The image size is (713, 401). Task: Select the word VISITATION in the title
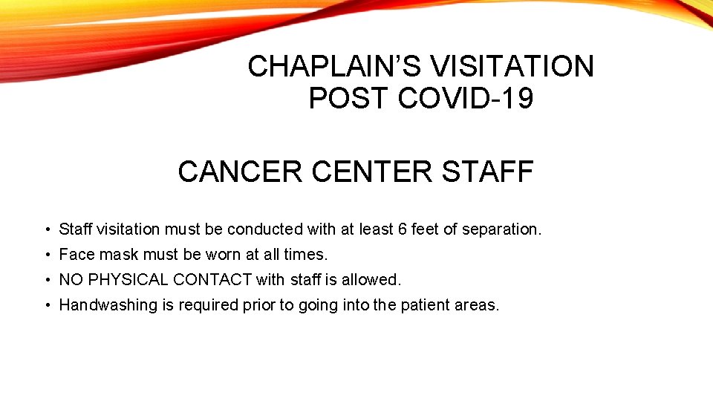pyautogui.click(x=512, y=67)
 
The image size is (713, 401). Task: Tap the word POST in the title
pyautogui.click(x=349, y=99)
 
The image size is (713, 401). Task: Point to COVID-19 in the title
pyautogui.click(x=466, y=99)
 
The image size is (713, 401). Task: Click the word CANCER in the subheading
pyautogui.click(x=240, y=172)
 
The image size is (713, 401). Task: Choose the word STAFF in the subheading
pyautogui.click(x=488, y=172)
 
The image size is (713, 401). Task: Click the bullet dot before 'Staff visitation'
pyautogui.click(x=46, y=230)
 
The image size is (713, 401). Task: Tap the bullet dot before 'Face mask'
pyautogui.click(x=46, y=255)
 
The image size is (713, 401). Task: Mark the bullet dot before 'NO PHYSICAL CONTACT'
pyautogui.click(x=46, y=281)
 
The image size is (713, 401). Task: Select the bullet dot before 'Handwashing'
pyautogui.click(x=46, y=306)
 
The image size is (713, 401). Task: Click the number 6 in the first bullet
pyautogui.click(x=402, y=229)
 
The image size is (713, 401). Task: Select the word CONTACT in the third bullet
pyautogui.click(x=212, y=280)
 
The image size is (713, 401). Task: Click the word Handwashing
pyautogui.click(x=108, y=305)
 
